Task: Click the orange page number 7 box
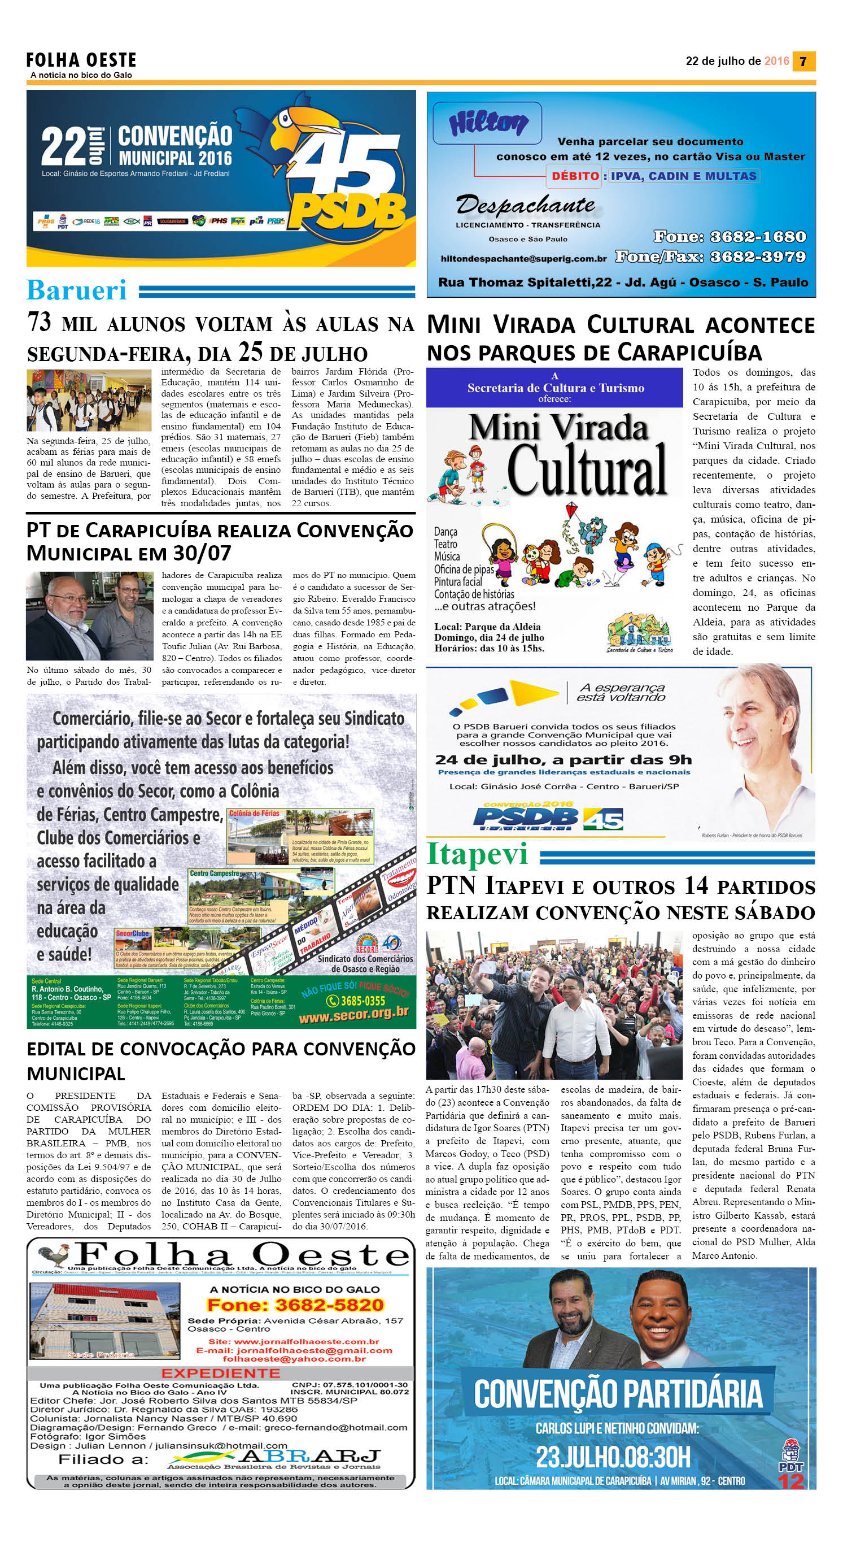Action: (x=803, y=61)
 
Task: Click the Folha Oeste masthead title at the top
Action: (x=81, y=60)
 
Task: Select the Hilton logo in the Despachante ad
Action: (x=488, y=123)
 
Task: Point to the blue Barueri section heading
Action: (x=77, y=290)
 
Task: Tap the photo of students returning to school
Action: (x=89, y=401)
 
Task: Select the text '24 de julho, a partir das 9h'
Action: (x=563, y=760)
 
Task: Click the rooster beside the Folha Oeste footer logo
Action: (x=53, y=1255)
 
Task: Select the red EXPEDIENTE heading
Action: (x=220, y=1373)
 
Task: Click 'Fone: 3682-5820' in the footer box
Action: (x=295, y=1305)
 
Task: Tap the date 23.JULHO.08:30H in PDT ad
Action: (x=613, y=1457)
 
